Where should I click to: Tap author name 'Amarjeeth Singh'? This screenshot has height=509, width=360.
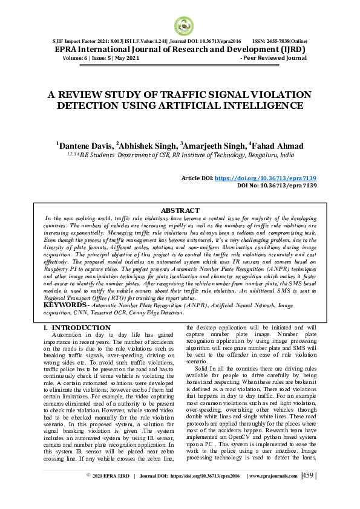pos(209,146)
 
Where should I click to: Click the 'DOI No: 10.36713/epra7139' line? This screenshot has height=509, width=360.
pos(277,186)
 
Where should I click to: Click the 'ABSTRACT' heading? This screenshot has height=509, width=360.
pos(180,210)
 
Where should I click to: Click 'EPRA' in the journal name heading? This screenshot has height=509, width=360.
pos(70,49)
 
